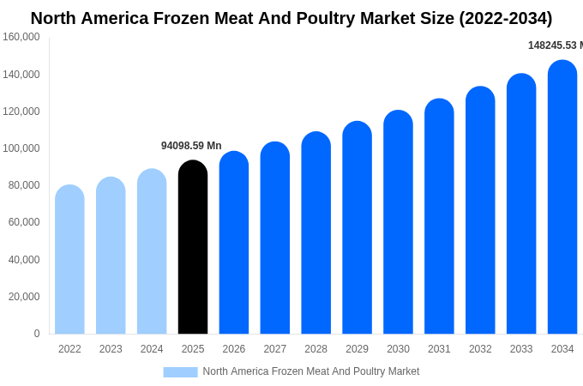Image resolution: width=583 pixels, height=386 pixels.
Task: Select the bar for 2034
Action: point(562,197)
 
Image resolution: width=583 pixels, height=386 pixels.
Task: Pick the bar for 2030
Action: point(398,222)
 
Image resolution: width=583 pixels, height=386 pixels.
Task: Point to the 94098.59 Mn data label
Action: point(191,146)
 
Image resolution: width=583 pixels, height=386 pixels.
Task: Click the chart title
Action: point(291,18)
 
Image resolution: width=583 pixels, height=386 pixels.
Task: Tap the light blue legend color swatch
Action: point(180,371)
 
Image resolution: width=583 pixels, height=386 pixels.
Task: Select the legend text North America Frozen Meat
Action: point(311,371)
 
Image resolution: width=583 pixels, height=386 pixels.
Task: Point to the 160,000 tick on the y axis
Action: point(21,37)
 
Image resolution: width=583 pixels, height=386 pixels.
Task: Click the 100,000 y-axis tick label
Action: point(21,148)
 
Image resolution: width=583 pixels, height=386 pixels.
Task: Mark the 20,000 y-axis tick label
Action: point(24,297)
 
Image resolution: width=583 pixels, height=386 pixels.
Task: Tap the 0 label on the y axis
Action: point(37,334)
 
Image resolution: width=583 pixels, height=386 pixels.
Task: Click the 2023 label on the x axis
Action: point(111,349)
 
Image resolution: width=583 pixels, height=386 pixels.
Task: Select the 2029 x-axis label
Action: point(357,349)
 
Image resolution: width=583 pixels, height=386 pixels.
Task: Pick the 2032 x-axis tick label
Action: point(480,349)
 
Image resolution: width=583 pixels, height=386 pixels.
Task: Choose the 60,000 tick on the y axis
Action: point(24,222)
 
